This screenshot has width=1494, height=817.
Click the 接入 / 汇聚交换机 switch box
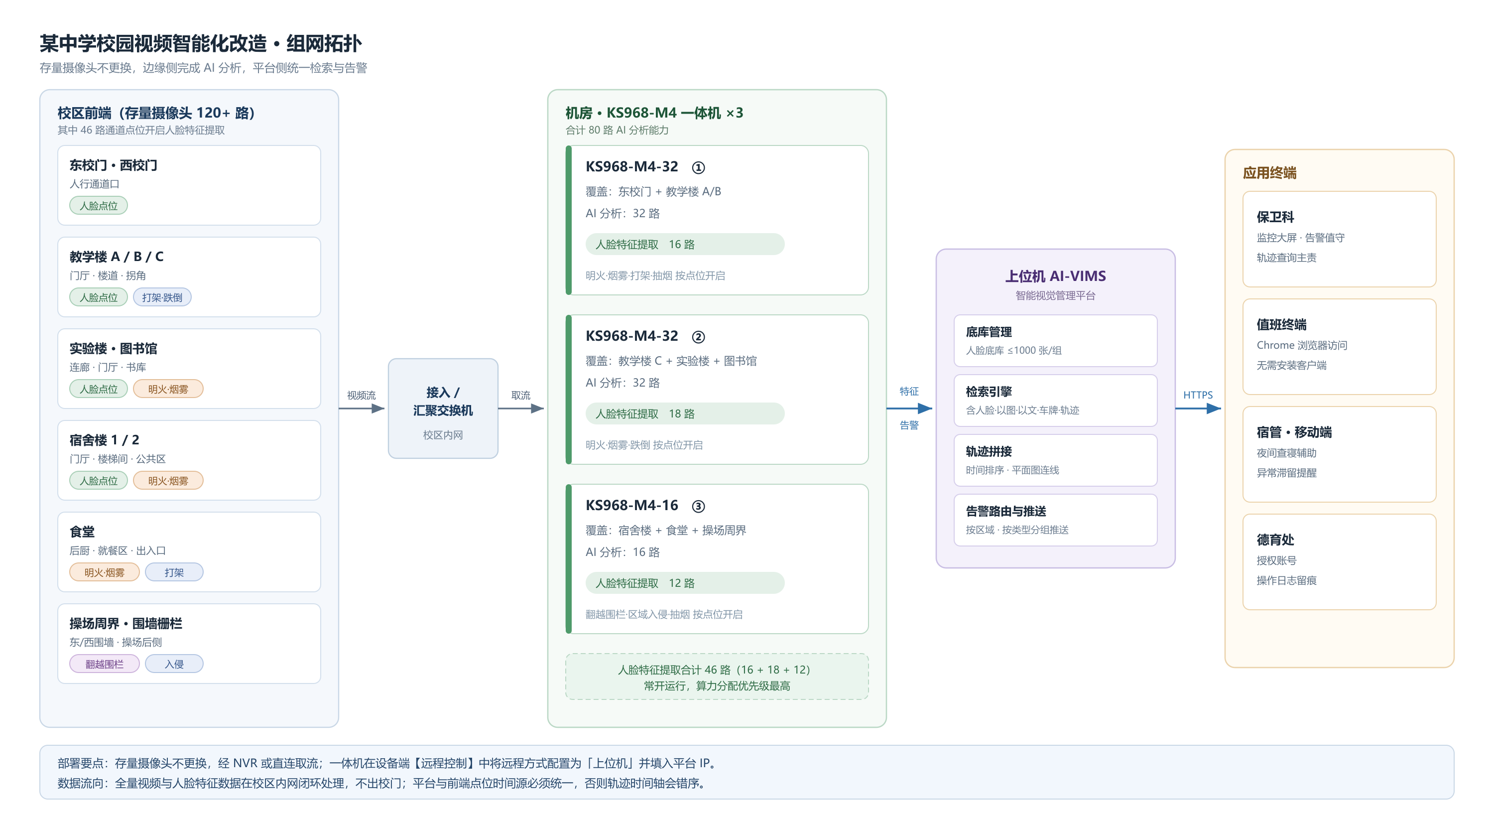[x=443, y=408]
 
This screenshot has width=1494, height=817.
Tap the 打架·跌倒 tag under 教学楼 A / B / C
[x=162, y=297]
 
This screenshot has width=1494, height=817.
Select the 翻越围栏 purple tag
[x=105, y=664]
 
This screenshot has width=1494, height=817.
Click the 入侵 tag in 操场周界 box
[x=174, y=664]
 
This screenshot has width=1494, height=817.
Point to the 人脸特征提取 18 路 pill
[x=684, y=413]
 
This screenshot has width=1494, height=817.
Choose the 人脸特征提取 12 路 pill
[x=684, y=583]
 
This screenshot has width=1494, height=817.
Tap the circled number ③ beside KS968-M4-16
[x=698, y=507]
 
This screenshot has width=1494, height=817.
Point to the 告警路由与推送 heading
[x=1005, y=511]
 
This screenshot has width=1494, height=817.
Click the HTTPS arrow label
[x=1198, y=395]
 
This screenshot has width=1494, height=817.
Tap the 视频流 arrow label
[x=362, y=395]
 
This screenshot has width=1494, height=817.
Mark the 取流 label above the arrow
[x=521, y=395]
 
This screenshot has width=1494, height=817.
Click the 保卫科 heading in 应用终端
[x=1275, y=217]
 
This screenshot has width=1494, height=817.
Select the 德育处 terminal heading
[x=1275, y=540]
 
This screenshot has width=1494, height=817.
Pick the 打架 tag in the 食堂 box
[x=174, y=572]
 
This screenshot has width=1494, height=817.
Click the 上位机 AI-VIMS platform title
[x=1055, y=276]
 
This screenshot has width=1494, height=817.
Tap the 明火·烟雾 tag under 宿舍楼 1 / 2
[x=168, y=480]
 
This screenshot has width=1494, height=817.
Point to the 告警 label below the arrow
[x=909, y=425]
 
